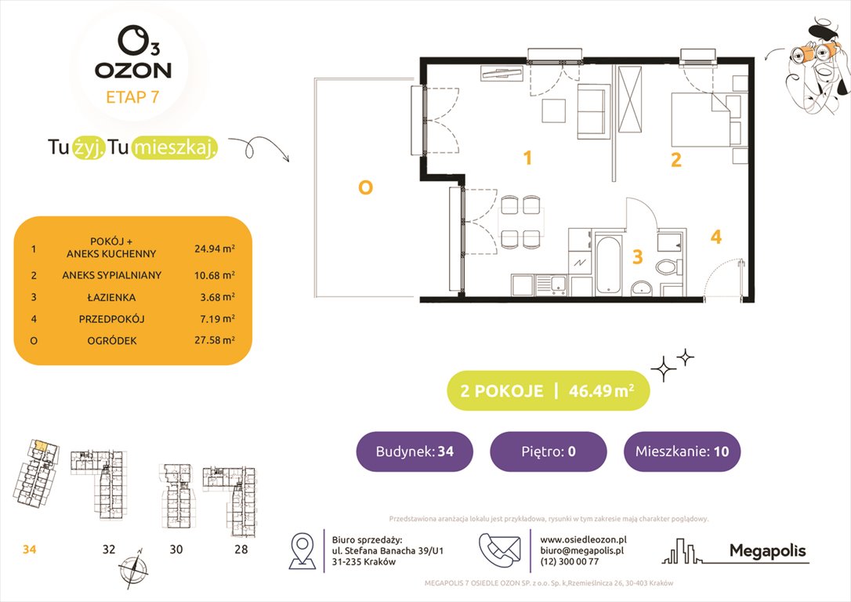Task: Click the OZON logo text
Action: click(x=132, y=70)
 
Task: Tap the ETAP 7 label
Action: click(x=132, y=99)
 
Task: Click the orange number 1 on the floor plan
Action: click(x=527, y=158)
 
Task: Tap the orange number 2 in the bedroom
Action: click(x=675, y=160)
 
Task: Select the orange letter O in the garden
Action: click(x=364, y=187)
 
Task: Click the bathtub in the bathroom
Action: click(x=607, y=263)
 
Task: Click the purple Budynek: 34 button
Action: click(x=415, y=451)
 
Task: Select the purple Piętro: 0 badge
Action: click(x=548, y=451)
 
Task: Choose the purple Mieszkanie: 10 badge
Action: click(x=681, y=451)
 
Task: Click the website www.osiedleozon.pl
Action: click(x=583, y=539)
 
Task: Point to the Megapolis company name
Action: click(x=767, y=551)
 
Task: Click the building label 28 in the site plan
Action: click(x=241, y=549)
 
